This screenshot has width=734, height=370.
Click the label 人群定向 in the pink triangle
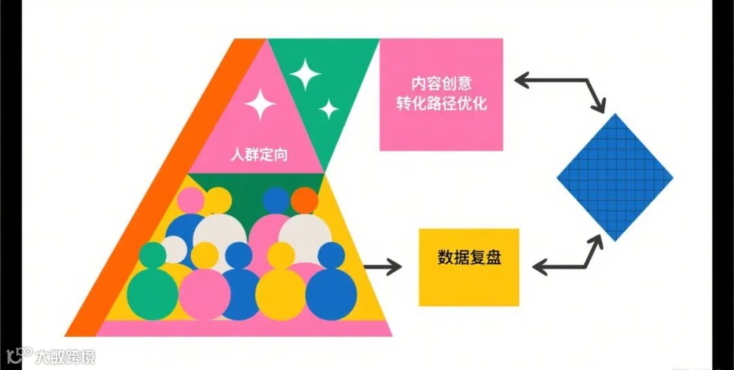click(x=258, y=154)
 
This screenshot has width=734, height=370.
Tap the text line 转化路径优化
click(x=441, y=105)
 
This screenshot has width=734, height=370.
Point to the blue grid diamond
click(x=614, y=177)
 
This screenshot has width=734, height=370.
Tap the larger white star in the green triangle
click(x=305, y=73)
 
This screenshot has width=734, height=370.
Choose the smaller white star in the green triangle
click(x=329, y=108)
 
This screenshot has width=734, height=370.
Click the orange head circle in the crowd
click(x=304, y=200)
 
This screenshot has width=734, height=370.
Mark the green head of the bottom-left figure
click(x=152, y=255)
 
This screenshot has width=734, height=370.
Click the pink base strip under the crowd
click(x=245, y=329)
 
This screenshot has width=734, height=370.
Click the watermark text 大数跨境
click(x=65, y=356)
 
